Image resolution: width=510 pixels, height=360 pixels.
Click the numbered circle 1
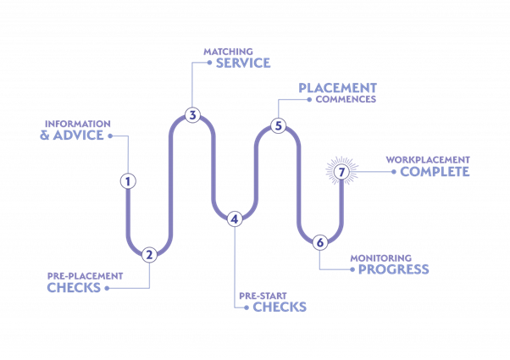[128, 180]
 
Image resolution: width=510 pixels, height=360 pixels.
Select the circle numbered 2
[149, 254]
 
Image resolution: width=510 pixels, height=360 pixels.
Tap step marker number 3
[192, 115]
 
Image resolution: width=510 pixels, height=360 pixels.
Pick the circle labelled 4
[235, 219]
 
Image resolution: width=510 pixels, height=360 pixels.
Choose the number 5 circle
[278, 126]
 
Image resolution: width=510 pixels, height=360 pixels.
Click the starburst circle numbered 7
[341, 172]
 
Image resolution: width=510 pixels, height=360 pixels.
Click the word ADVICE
[80, 136]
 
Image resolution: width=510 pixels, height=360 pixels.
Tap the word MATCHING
[228, 52]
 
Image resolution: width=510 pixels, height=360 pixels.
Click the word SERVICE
[243, 63]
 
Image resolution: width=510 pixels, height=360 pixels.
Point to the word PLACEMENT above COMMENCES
[337, 87]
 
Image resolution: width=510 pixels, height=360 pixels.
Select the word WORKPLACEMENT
[428, 159]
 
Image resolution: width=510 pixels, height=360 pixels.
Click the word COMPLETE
[435, 172]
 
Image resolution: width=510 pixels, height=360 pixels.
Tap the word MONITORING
[381, 258]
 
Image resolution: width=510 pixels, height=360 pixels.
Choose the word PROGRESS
[393, 270]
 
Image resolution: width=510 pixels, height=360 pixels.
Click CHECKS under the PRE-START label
[280, 307]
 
